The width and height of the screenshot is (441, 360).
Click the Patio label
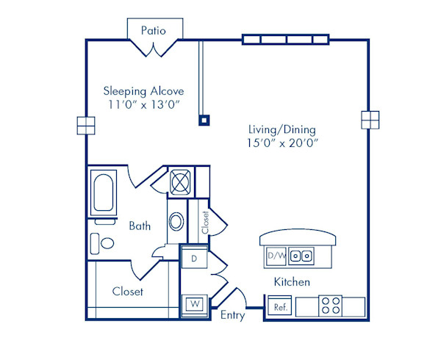tap(153, 31)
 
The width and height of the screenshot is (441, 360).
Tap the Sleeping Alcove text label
tap(143, 91)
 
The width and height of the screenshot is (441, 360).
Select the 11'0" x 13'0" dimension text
tap(143, 106)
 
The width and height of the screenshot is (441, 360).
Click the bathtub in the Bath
tap(103, 193)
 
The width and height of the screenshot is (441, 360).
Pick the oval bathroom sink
tap(176, 222)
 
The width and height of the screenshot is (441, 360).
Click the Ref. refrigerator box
tap(279, 306)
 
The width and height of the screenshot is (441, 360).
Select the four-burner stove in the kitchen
tap(331, 304)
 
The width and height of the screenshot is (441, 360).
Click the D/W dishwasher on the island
tap(276, 256)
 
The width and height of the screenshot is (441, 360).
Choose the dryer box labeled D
tap(194, 259)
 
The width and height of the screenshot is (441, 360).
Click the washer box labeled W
tap(194, 303)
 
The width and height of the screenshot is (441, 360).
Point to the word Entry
tap(233, 315)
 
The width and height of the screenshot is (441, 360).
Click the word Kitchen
tap(292, 282)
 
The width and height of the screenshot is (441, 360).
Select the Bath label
tap(140, 226)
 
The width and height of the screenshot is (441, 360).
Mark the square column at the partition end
tap(204, 120)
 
